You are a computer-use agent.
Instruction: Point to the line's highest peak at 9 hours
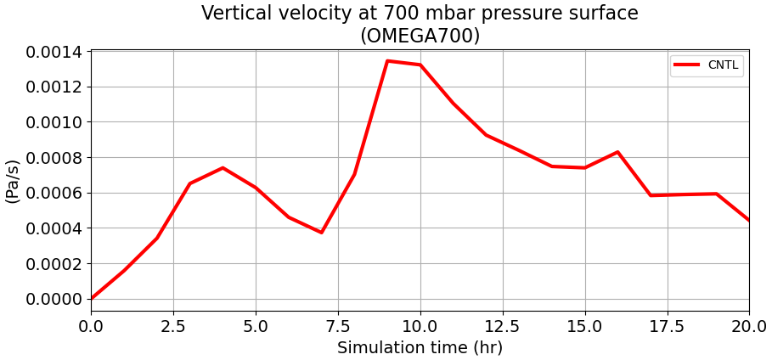tap(387, 61)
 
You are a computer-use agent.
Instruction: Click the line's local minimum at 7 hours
tap(321, 232)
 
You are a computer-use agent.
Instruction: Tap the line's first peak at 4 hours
tap(223, 168)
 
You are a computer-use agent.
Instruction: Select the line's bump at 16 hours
tap(617, 152)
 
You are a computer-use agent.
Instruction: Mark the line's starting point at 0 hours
tap(92, 298)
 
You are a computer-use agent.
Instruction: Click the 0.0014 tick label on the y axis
tap(54, 52)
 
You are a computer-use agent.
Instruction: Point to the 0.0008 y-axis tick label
tap(54, 158)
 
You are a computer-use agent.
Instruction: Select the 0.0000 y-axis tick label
tap(54, 299)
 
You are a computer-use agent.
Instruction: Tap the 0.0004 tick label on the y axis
tap(54, 228)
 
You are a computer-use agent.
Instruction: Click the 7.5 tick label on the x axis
tap(338, 326)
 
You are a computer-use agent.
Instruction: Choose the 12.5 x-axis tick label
tap(503, 326)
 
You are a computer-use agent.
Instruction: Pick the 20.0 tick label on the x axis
tap(748, 326)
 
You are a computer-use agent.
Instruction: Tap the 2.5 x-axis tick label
tap(173, 326)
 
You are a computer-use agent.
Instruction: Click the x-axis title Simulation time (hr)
tap(420, 348)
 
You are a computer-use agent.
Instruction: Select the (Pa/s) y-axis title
tap(13, 180)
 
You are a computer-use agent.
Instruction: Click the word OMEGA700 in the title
tap(420, 37)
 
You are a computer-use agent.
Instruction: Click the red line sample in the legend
tap(687, 65)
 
